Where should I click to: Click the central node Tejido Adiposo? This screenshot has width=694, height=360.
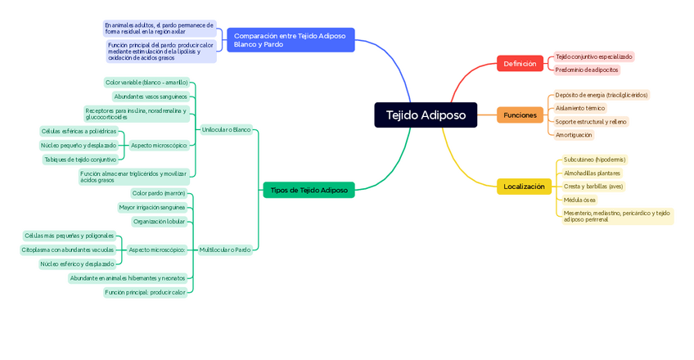coord(426,115)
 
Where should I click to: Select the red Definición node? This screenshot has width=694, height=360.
coord(520,64)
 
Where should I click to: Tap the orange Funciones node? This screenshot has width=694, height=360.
coord(520,115)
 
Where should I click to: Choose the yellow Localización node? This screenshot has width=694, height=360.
coord(524,187)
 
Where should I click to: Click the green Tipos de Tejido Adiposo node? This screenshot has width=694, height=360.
coord(309,190)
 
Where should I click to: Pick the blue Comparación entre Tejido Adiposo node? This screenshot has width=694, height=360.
coord(291,40)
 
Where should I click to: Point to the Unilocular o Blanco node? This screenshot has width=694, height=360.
coord(226,129)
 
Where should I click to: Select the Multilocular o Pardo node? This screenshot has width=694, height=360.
coord(225,250)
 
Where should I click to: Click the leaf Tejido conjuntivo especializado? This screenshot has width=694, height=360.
coord(593,56)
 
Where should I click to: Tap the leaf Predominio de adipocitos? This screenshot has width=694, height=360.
coord(587,70)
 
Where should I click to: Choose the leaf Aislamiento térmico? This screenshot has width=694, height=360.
coord(579,108)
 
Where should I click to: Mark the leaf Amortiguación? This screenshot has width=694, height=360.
coord(573,135)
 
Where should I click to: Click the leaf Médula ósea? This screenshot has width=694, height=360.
coord(579,200)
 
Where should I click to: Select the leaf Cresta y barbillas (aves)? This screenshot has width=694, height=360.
coord(593,187)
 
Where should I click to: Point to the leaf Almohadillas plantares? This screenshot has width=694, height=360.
coord(592,173)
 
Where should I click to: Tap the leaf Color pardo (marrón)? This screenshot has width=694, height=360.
coord(159,193)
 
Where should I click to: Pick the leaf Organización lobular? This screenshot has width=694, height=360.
coord(159,221)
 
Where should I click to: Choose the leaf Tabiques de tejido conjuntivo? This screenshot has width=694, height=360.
coord(80,160)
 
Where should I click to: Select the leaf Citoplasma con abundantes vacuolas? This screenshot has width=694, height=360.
coord(68,250)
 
